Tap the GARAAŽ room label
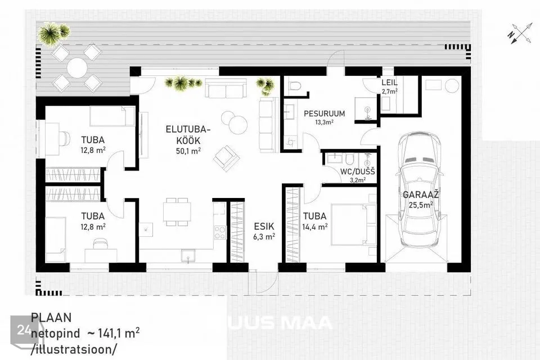tap(421, 195)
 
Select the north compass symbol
tap(519, 33)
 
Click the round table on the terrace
tap(77, 67)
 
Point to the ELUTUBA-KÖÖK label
tap(188, 135)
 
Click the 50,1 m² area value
tap(188, 151)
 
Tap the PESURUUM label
tap(324, 113)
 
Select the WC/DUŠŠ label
tap(358, 172)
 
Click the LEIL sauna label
tap(389, 83)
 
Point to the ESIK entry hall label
tap(264, 226)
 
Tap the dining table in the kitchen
tap(177, 212)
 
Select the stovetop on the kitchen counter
tap(220, 232)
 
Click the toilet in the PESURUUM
tap(294, 85)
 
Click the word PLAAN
tap(51, 318)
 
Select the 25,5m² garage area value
tap(421, 205)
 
